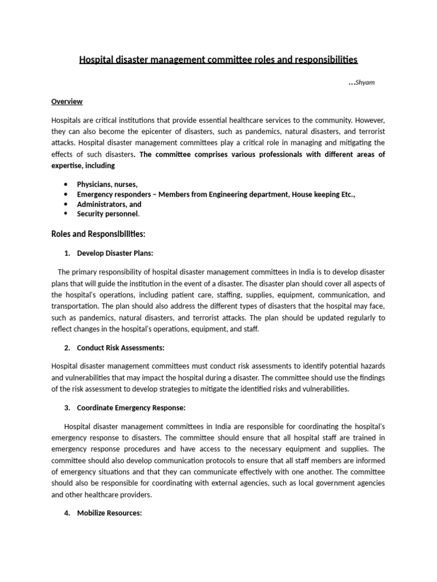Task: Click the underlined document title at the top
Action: click(218, 60)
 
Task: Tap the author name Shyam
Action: click(365, 83)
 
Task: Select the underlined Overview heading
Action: click(67, 102)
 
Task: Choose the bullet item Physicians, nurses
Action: click(108, 185)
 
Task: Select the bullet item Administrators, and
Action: click(109, 204)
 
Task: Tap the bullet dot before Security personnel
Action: click(67, 214)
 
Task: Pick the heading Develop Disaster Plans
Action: click(115, 253)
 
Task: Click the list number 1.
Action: click(67, 253)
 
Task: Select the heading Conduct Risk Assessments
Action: click(121, 348)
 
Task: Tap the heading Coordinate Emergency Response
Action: click(131, 408)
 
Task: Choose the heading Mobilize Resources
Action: click(109, 513)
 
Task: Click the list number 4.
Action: click(67, 513)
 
